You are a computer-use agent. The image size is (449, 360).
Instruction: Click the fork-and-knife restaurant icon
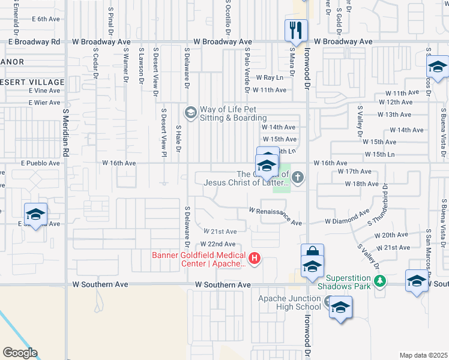296,29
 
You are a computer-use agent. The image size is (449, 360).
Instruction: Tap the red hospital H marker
255,258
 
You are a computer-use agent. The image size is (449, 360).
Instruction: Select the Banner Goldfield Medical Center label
199,259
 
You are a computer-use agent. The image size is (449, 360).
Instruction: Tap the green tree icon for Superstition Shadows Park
379,280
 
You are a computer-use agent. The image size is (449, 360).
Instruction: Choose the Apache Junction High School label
290,302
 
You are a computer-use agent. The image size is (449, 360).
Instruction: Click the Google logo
19,353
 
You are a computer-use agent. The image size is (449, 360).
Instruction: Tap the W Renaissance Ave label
276,216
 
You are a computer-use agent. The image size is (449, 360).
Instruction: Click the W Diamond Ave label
346,217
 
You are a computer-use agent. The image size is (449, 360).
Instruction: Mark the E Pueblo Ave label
40,163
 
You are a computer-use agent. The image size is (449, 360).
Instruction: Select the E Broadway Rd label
34,42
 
